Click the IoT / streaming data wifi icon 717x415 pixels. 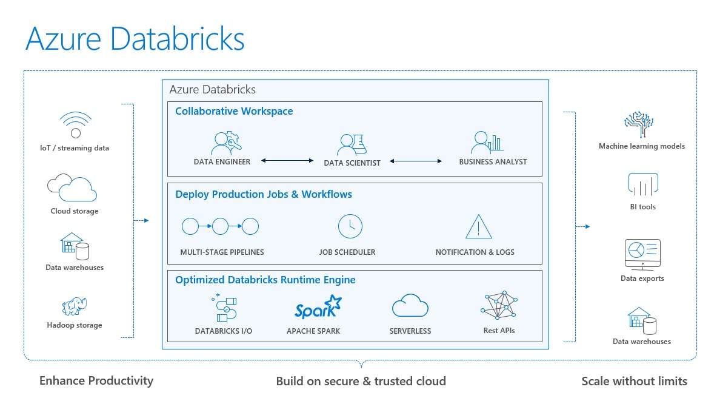[76, 124]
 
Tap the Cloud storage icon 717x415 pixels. [72, 188]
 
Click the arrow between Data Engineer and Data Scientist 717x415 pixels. [287, 161]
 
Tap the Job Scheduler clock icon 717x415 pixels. [350, 226]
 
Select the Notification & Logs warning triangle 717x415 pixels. [478, 227]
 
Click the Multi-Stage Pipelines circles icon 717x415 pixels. [220, 227]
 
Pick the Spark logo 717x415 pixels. [317, 308]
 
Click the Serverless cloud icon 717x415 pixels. [410, 306]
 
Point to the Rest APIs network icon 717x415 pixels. [499, 305]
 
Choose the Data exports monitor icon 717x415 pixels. [642, 254]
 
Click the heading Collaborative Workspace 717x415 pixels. [234, 111]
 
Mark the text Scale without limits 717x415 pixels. [634, 381]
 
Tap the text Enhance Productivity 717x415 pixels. [96, 380]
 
